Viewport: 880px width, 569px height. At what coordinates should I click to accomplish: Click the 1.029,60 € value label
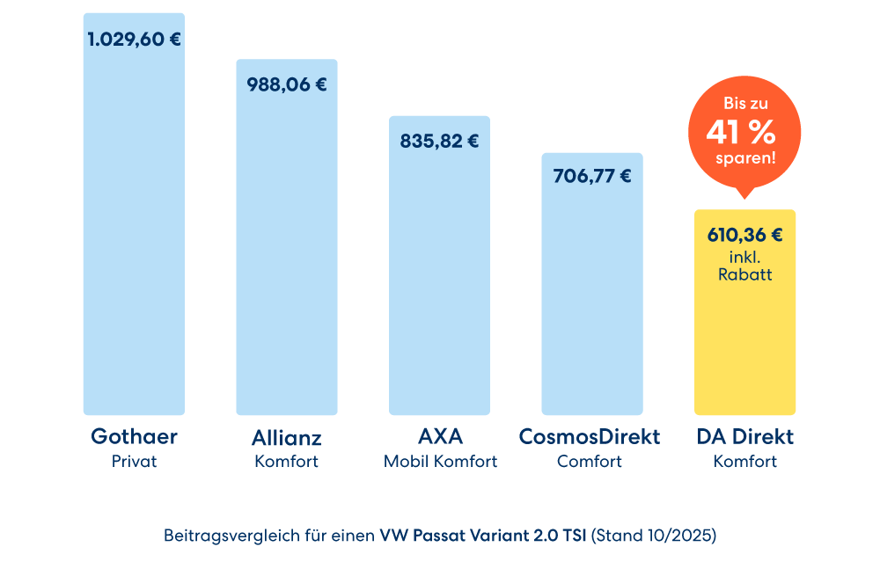[x=135, y=39]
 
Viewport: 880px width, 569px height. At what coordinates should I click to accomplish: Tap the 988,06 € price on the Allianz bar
[x=286, y=85]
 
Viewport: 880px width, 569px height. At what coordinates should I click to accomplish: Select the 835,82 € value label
[x=439, y=141]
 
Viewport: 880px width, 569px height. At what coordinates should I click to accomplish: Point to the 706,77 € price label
[x=591, y=176]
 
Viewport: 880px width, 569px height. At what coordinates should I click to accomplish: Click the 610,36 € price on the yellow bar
[x=744, y=235]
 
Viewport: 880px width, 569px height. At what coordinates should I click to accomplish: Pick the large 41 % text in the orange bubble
[x=741, y=132]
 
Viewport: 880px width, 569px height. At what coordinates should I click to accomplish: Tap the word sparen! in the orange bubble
[x=745, y=159]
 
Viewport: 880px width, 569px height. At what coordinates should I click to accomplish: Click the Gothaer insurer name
[x=134, y=436]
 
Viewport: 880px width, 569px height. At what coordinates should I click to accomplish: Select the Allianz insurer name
[x=286, y=437]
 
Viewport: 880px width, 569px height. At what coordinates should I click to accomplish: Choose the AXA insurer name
[x=440, y=436]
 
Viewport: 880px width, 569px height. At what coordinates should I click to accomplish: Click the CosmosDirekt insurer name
[x=590, y=436]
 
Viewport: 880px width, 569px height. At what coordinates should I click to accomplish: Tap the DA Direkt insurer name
[x=744, y=436]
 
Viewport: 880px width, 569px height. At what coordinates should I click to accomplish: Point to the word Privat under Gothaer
[x=134, y=461]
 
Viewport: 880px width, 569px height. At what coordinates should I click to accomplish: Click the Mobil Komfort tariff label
[x=440, y=461]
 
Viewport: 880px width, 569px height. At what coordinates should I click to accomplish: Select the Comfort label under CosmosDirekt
[x=590, y=461]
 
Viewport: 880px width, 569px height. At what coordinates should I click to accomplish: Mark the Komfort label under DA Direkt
[x=744, y=461]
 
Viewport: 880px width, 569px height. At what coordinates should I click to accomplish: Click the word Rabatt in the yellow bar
[x=744, y=274]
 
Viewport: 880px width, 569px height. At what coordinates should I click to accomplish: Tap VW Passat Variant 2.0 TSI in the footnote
[x=483, y=535]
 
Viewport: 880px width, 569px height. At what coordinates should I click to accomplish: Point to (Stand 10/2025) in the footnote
[x=654, y=535]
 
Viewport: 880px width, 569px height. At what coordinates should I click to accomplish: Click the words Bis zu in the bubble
[x=744, y=103]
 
